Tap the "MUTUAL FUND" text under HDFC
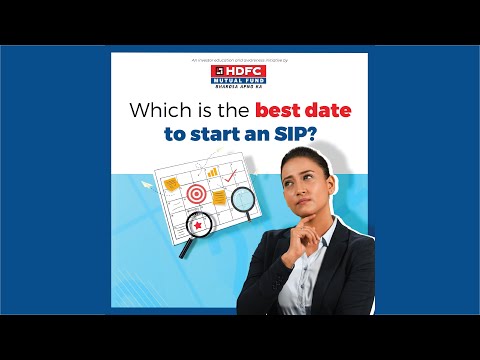tap(240, 83)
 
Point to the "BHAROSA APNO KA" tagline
tap(240, 89)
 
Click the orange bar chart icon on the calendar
tap(212, 173)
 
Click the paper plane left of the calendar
tap(146, 183)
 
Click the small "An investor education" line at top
tap(240, 62)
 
